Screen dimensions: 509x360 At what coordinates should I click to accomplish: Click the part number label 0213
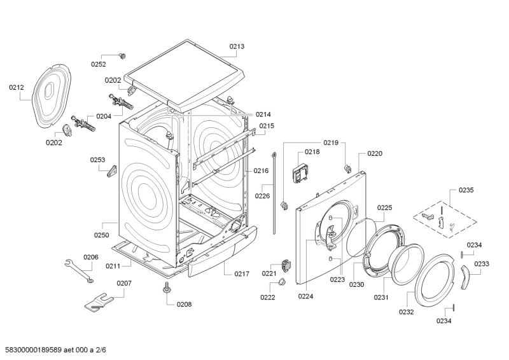[237, 46]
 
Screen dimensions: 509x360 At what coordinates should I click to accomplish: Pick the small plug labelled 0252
[122, 55]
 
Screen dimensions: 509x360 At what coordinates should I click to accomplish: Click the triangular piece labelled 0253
[112, 170]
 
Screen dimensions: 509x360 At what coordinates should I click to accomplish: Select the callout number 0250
[102, 235]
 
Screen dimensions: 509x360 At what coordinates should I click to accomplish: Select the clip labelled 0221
[285, 265]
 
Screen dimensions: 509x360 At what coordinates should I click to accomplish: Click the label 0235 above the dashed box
[466, 190]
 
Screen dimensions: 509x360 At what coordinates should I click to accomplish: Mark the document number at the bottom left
[53, 350]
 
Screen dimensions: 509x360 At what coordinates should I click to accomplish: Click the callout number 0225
[384, 208]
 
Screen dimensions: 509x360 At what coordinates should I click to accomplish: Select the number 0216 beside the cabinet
[261, 170]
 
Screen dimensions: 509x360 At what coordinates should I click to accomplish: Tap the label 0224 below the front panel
[305, 296]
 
